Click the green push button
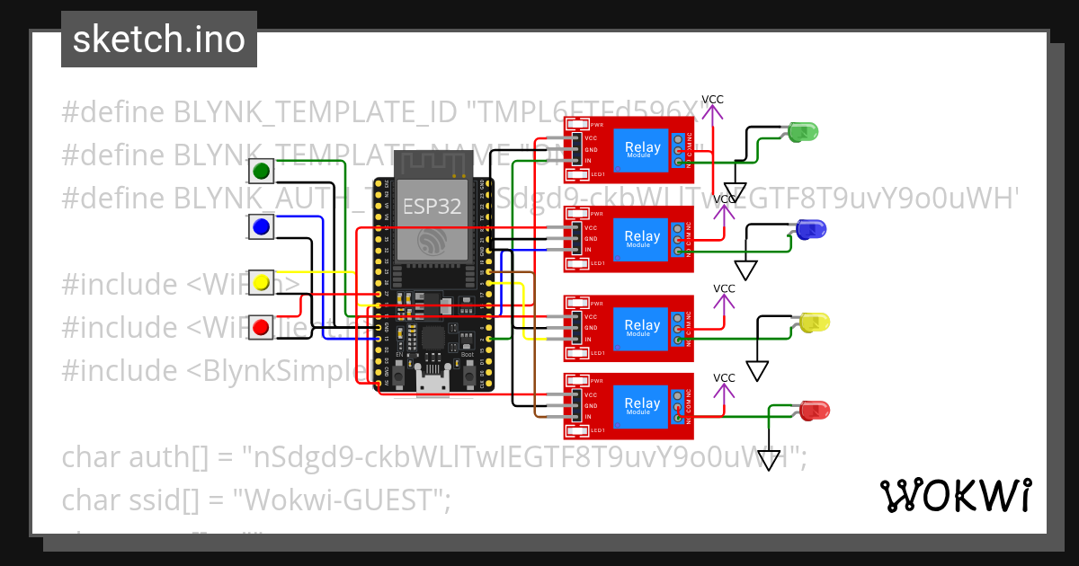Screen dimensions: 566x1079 (x=262, y=171)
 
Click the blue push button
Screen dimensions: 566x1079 (x=262, y=227)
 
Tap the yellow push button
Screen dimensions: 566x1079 (x=262, y=283)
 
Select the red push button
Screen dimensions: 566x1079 (x=262, y=325)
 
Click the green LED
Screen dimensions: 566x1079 (x=802, y=132)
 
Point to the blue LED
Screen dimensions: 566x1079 (x=810, y=230)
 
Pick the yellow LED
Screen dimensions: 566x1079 (x=814, y=322)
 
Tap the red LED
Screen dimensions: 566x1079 (x=816, y=410)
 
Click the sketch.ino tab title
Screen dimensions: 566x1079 (x=159, y=40)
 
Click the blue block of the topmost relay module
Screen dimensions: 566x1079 (x=642, y=149)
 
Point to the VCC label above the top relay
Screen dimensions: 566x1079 (x=712, y=100)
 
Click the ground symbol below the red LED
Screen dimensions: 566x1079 (x=769, y=461)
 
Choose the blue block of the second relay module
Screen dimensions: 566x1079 (x=642, y=239)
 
